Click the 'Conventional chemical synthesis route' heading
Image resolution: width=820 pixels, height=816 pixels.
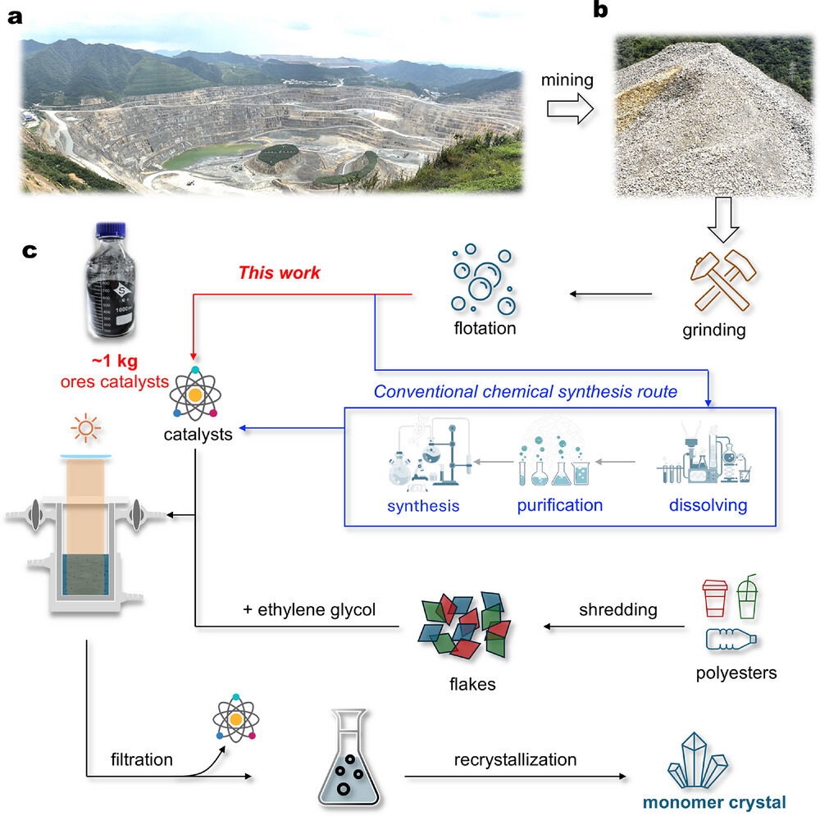point(526,392)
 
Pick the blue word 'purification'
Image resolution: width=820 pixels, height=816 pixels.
point(559,504)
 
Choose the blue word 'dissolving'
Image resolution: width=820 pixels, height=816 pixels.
point(707,504)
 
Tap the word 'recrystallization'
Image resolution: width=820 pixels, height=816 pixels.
point(515,759)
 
